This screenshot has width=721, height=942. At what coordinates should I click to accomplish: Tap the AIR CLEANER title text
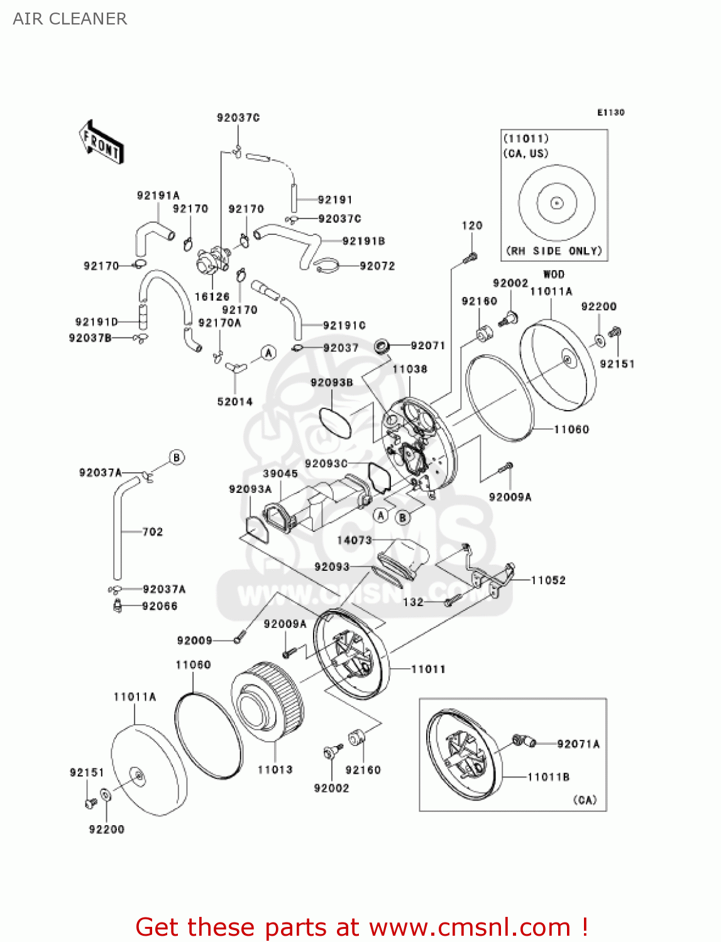point(70,19)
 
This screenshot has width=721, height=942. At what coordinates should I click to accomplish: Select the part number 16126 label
point(212,296)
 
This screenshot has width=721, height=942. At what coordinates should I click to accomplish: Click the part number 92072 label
point(377,266)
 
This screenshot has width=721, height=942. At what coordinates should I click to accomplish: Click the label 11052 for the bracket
point(548,580)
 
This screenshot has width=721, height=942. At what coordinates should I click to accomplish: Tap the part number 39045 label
point(280,474)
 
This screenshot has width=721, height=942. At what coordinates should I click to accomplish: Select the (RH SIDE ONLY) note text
point(554,251)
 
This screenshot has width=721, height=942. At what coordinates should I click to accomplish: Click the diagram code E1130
point(610,112)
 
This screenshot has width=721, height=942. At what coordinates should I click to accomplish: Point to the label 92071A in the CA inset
point(578,744)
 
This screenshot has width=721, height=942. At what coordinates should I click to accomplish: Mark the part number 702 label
point(153,532)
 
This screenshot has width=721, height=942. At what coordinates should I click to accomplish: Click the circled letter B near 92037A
point(177,457)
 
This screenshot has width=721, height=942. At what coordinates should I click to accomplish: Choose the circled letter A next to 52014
point(268,353)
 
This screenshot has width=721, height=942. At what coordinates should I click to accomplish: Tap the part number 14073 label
point(355,540)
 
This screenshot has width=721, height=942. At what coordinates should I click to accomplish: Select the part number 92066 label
point(160,606)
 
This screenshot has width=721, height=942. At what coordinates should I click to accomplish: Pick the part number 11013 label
point(275,769)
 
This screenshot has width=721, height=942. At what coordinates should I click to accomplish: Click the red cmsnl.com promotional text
point(361,927)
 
